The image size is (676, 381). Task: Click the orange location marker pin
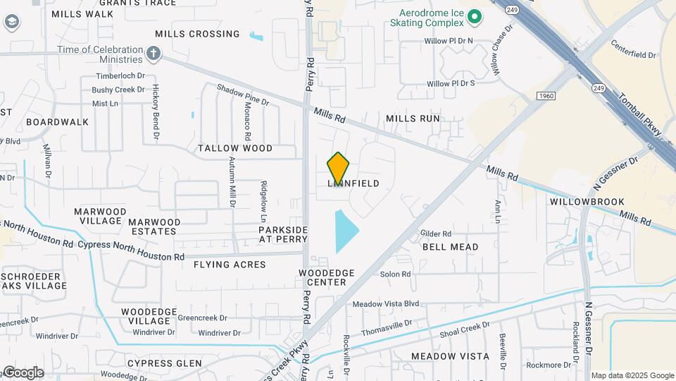(339, 168)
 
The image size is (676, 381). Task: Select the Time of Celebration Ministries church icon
(154, 54)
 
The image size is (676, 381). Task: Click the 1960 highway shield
(546, 95)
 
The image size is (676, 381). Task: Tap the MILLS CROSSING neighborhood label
(197, 34)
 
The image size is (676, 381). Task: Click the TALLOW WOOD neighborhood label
(234, 149)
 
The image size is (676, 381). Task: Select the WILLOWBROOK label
(587, 202)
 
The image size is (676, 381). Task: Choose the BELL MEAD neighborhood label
(450, 247)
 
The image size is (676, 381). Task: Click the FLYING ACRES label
(230, 265)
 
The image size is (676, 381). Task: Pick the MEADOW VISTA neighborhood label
(450, 356)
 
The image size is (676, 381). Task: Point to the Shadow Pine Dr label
(242, 95)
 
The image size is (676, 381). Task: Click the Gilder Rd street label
(435, 234)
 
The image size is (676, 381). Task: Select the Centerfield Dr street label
(633, 54)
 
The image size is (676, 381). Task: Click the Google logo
(23, 373)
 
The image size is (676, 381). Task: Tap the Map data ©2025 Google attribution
(632, 375)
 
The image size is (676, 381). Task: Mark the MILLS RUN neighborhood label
(413, 119)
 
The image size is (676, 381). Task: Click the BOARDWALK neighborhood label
(58, 122)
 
